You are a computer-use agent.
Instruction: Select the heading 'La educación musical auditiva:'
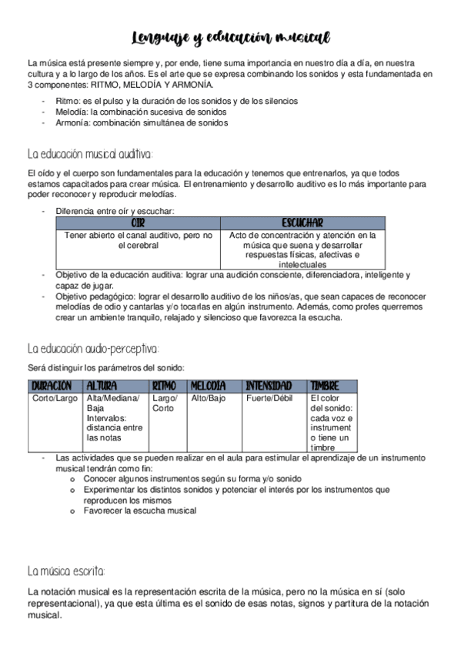pos(90,153)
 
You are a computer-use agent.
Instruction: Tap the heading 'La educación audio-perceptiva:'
pos(92,348)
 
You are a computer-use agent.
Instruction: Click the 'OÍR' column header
pos(138,223)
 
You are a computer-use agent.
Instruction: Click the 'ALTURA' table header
pos(102,385)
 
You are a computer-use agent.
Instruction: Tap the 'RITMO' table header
pos(165,385)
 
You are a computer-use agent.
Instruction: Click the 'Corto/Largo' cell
pos(55,398)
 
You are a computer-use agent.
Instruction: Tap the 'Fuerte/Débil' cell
pos(269,398)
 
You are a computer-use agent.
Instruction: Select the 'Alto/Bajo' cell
pos(209,398)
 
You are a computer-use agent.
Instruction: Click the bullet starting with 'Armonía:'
pos(142,122)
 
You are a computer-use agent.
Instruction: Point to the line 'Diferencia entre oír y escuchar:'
pos(115,210)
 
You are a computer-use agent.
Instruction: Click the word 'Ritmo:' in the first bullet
pos(69,101)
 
